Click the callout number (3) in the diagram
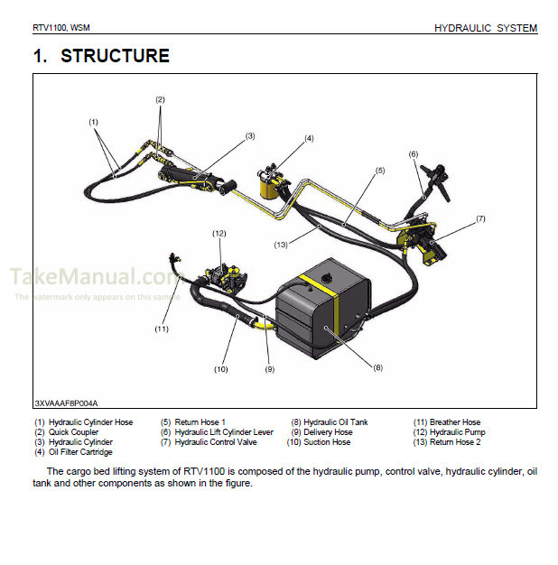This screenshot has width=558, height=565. (250, 136)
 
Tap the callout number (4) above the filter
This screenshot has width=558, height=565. (308, 138)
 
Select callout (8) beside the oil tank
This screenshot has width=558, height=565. (378, 366)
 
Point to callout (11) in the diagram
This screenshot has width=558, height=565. (162, 329)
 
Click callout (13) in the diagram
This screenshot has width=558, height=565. (281, 244)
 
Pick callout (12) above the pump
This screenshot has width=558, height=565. (219, 234)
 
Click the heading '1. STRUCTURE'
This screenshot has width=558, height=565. (101, 56)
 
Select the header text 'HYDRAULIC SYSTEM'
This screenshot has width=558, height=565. (485, 29)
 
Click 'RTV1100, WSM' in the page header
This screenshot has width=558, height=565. (61, 28)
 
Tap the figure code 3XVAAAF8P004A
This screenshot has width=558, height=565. (66, 403)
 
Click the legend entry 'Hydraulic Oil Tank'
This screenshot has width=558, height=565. (335, 422)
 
